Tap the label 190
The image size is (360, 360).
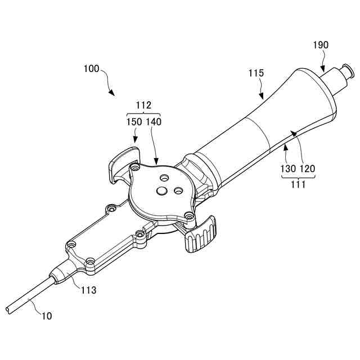point(321,45)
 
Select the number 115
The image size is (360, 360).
point(256,73)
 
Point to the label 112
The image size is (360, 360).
point(145,105)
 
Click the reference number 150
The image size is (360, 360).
point(134,121)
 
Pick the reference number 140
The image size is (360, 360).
point(154,121)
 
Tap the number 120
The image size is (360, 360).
point(308,168)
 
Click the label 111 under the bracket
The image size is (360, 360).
point(298,184)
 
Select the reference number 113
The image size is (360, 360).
point(88,290)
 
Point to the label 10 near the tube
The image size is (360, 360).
point(47,316)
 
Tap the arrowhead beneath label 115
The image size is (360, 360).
point(263,97)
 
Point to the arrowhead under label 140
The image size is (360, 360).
point(157,162)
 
